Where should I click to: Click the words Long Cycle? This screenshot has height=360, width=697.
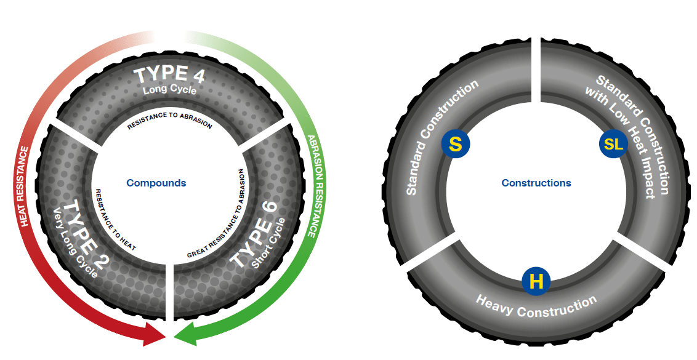pyautogui.click(x=169, y=90)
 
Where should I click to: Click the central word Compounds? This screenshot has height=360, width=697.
pyautogui.click(x=156, y=183)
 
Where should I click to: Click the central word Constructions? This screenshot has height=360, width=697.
pyautogui.click(x=536, y=183)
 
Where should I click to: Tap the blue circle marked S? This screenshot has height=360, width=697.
pyautogui.click(x=455, y=144)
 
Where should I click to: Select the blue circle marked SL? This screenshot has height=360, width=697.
pyautogui.click(x=613, y=145)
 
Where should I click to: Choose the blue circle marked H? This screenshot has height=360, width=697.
pyautogui.click(x=536, y=282)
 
